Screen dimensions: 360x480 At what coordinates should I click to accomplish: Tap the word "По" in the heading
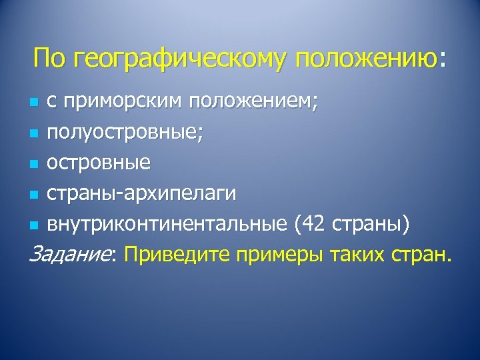(x=49, y=58)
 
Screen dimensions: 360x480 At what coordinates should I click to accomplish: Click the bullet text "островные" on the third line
(x=99, y=162)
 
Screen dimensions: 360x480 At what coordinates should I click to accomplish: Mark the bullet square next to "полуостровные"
(x=35, y=134)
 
